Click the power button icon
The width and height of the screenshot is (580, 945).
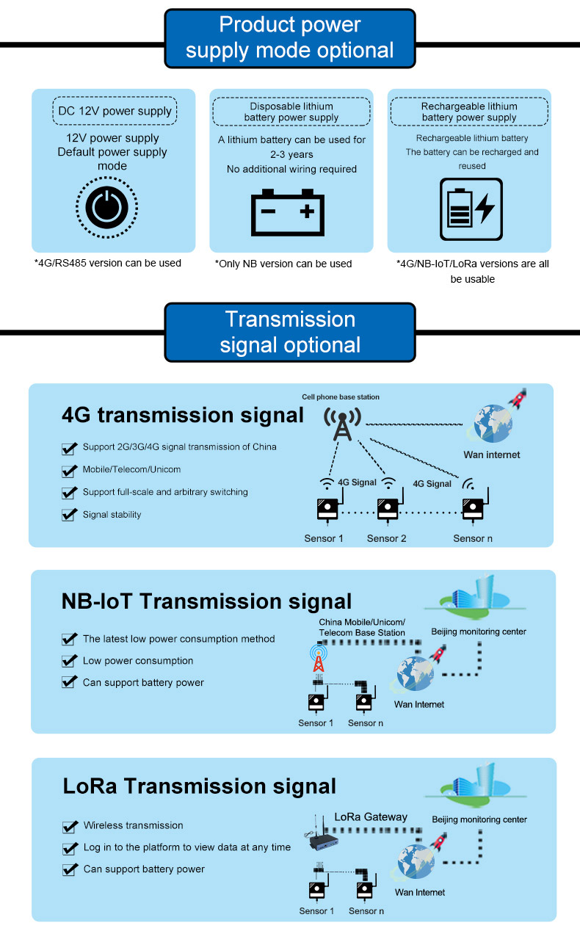tap(106, 208)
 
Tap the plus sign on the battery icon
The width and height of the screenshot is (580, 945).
tap(307, 211)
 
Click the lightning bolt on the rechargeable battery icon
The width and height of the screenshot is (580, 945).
tap(485, 209)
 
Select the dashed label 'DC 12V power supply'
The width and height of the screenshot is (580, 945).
tap(115, 111)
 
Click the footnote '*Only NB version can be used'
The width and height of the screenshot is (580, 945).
tap(283, 264)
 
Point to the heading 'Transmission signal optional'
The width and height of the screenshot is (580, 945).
tap(290, 332)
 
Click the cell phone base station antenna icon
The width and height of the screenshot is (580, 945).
tap(343, 424)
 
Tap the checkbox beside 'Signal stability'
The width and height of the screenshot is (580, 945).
tap(69, 515)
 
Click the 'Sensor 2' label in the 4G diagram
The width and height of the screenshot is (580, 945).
tap(386, 538)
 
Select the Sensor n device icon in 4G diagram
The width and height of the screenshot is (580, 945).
tap(474, 506)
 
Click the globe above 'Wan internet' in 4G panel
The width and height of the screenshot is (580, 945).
tap(493, 423)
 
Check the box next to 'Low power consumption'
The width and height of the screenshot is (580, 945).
tap(69, 661)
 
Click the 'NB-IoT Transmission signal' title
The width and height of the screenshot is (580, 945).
tap(206, 601)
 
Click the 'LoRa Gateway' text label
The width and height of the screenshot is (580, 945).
tap(371, 817)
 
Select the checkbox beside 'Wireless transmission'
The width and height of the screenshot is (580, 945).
tap(70, 826)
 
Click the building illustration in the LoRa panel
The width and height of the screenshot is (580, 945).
tap(476, 783)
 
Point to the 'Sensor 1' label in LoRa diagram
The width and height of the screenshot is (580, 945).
tap(316, 910)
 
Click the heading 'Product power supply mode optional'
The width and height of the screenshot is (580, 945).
tap(290, 38)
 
